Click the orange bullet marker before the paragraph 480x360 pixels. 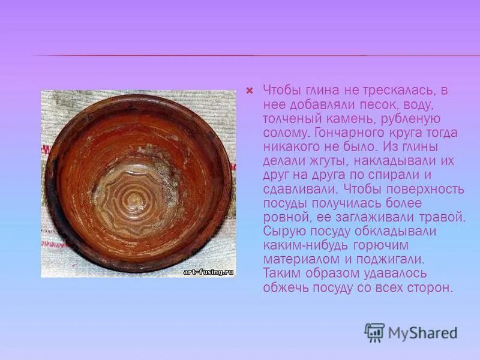250,91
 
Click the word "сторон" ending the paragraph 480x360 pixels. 430,288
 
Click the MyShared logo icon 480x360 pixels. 374,332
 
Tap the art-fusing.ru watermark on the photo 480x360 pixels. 208,272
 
